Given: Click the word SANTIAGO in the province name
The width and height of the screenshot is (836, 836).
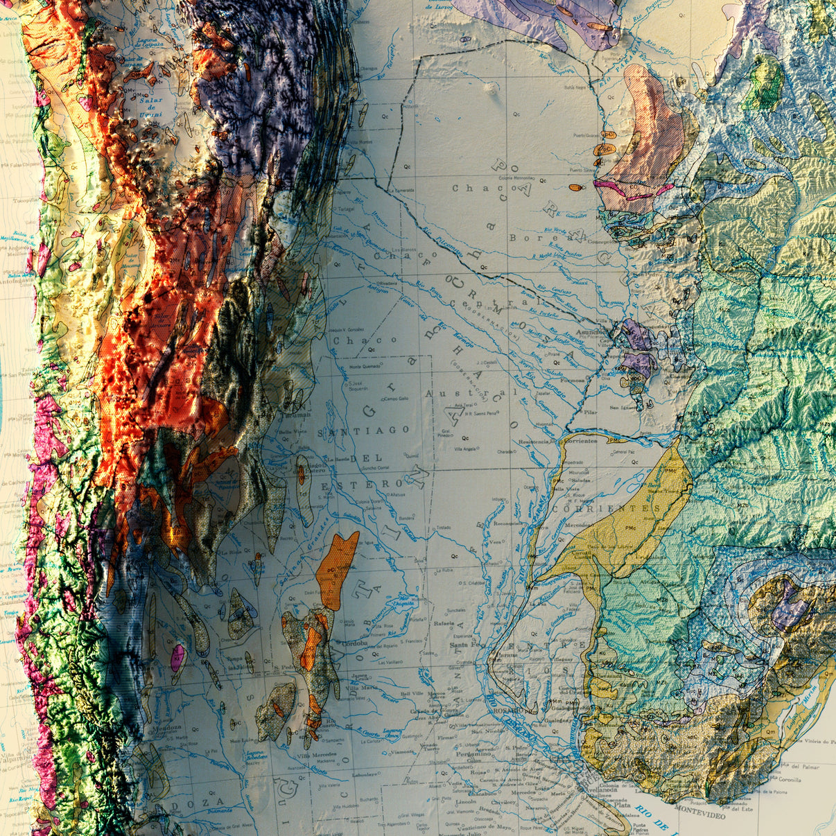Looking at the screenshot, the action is coord(364,430).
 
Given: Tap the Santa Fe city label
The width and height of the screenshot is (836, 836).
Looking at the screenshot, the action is coord(465,645).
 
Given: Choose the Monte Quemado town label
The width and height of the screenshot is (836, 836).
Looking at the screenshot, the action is coord(364,367).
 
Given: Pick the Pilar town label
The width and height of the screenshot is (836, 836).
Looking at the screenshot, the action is coord(591,412).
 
